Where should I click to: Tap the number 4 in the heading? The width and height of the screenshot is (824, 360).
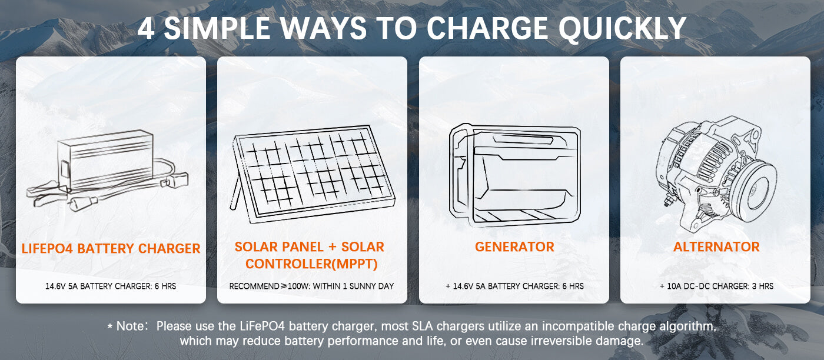click(x=147, y=28)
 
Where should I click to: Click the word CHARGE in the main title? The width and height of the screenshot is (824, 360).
click(x=487, y=28)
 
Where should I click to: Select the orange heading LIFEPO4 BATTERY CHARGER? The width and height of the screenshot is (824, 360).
click(x=111, y=249)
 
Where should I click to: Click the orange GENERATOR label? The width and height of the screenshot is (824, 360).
click(x=514, y=246)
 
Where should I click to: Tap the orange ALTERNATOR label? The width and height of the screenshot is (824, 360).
click(x=716, y=246)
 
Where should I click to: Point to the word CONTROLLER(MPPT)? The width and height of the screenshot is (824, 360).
click(x=311, y=264)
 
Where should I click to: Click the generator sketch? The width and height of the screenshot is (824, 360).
click(x=514, y=175)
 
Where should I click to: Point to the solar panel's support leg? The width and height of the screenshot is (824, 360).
click(x=235, y=193)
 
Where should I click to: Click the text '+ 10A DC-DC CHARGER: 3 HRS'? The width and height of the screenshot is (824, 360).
click(x=717, y=286)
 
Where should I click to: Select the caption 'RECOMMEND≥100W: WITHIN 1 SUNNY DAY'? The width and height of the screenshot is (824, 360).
click(x=311, y=286)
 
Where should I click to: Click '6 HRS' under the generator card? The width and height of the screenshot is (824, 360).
click(x=573, y=286)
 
